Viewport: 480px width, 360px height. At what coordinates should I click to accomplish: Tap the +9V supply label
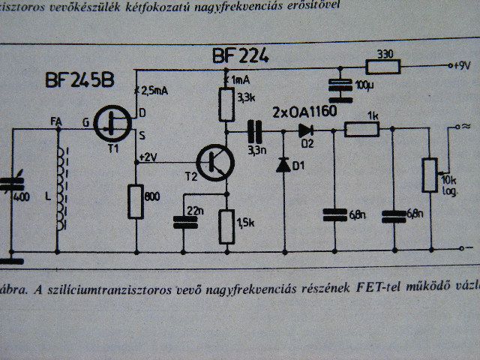click(460, 65)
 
